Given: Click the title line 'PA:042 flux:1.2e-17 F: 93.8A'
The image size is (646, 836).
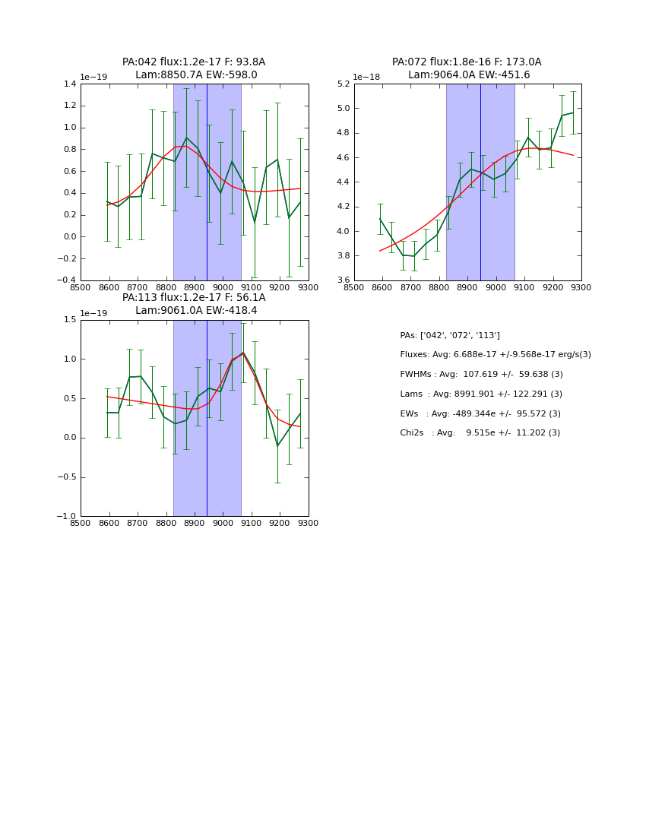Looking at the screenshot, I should point(194,62).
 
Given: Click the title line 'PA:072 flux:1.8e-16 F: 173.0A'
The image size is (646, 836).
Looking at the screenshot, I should point(467,62).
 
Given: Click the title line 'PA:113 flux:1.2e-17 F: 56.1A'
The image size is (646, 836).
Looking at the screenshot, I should point(194,298).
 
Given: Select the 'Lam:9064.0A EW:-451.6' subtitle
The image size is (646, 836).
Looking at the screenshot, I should point(469,75).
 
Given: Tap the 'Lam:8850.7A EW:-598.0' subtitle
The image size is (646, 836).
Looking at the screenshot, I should point(196,75).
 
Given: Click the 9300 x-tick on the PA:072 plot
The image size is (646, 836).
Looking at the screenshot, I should point(581,287).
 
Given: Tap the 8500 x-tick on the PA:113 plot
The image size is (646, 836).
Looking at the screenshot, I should point(81,523).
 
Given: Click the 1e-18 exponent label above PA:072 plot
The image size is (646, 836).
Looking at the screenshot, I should point(366,78).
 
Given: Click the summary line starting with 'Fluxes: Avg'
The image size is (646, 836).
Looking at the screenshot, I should point(495,355).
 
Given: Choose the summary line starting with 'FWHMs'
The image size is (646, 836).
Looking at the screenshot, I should point(481,374).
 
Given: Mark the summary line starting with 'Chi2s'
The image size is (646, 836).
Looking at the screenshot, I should point(480,433).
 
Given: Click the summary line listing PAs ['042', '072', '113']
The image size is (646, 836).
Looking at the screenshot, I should point(449,335).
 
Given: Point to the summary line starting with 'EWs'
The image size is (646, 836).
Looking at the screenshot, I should point(480,413).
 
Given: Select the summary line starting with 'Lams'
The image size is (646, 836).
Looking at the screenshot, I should point(481,394).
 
